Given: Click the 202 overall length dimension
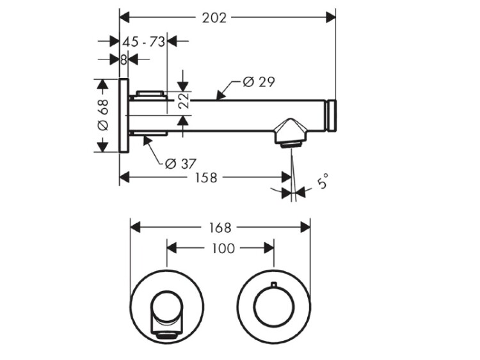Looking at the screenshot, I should pos(214,17).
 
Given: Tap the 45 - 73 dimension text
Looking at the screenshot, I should pos(144,42).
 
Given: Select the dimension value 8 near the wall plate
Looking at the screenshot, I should pos(124,59).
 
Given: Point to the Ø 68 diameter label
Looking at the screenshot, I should pos(103,116).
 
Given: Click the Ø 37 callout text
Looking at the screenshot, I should pos(180,163).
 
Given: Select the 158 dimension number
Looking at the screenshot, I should pos(205,177).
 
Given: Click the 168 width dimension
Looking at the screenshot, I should pos(220,227).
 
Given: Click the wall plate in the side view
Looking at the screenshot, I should pos(124,116).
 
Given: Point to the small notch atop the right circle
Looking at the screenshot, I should pos(273,284).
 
